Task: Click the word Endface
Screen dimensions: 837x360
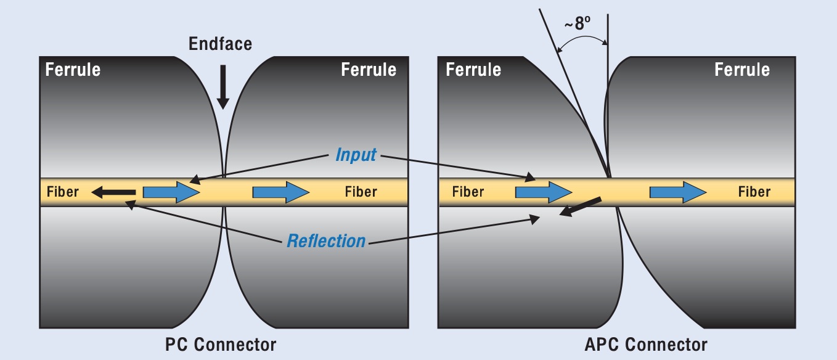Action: click(x=220, y=44)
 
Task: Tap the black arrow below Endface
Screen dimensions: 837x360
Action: click(x=223, y=87)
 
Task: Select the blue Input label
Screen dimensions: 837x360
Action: click(x=356, y=155)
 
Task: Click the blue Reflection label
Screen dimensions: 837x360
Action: click(x=326, y=241)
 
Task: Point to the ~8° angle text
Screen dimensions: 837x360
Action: click(x=578, y=23)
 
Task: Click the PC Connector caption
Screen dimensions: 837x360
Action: click(x=221, y=345)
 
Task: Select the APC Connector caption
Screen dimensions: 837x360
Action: click(x=646, y=345)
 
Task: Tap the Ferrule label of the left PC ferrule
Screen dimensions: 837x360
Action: click(x=73, y=70)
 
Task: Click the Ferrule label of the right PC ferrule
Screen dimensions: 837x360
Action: click(x=369, y=70)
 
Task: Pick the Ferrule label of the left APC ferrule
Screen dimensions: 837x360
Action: click(x=473, y=70)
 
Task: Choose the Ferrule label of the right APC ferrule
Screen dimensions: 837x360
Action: click(x=742, y=70)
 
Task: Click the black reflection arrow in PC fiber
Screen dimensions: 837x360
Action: click(x=113, y=192)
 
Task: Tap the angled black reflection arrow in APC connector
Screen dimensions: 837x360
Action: click(x=580, y=207)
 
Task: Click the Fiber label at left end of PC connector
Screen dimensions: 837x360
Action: click(x=63, y=192)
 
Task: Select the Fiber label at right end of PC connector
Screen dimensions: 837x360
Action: click(x=361, y=192)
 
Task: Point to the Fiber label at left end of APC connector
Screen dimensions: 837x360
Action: click(x=468, y=192)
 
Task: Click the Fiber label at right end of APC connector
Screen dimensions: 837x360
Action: click(x=754, y=192)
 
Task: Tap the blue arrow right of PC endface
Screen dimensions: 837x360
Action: click(x=281, y=192)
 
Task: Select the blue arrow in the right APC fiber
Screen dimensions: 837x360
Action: click(x=678, y=192)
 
